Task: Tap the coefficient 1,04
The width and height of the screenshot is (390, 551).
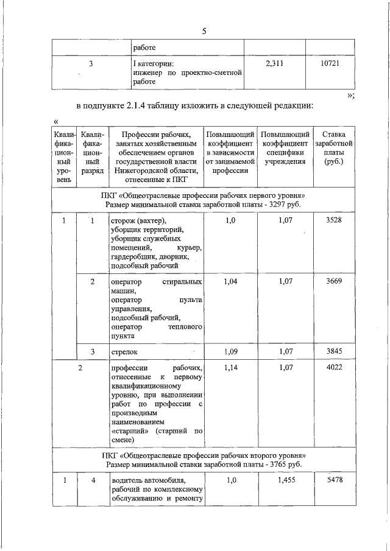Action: coord(230,282)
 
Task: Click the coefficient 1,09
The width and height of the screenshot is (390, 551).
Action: coord(230,351)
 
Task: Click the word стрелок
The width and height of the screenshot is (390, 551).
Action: coord(124,352)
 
